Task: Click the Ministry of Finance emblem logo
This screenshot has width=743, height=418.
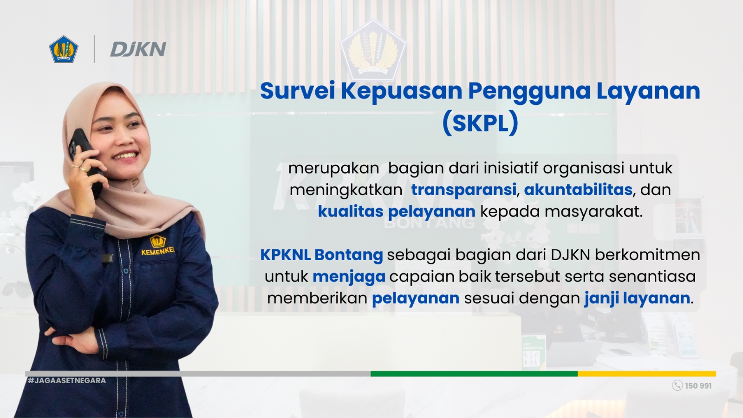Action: tap(64, 49)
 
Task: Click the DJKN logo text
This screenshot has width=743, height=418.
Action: tap(138, 49)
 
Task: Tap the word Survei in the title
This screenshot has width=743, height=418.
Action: tap(297, 91)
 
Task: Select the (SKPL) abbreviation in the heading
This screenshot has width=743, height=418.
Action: tap(480, 123)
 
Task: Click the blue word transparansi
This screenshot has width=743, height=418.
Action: tap(463, 189)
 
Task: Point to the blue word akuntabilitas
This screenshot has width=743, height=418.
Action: tap(578, 189)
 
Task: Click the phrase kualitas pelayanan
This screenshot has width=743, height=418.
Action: tap(396, 212)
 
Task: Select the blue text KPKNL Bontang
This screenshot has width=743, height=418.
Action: tap(321, 255)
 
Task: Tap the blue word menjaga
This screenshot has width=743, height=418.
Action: tap(349, 277)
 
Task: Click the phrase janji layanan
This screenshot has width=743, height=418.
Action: tap(637, 298)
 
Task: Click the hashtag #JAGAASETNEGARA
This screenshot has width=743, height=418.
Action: tap(67, 380)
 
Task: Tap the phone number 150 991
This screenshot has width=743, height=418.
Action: tap(698, 386)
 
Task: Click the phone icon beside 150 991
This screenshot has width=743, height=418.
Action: tap(677, 385)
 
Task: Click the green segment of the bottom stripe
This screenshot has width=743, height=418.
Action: tap(474, 373)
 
